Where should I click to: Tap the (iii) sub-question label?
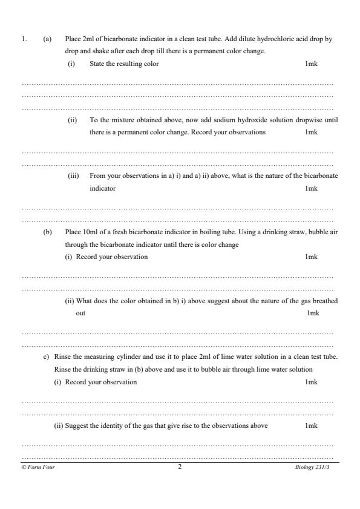[73, 176]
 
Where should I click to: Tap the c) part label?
[46, 357]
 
